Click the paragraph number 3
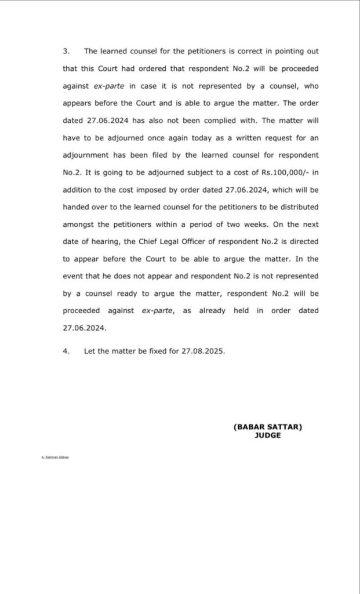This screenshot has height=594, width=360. (x=65, y=52)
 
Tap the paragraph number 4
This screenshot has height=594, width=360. (x=65, y=351)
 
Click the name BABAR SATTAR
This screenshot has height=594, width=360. (x=267, y=426)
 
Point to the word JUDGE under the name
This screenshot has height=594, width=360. (x=267, y=435)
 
